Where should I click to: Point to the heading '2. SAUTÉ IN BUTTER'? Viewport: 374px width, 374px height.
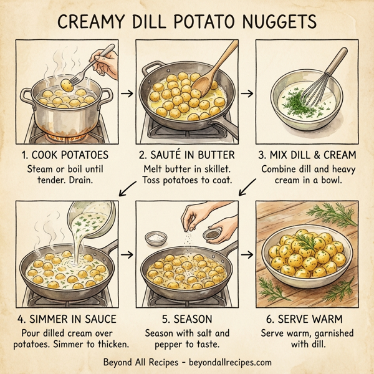pyautogui.click(x=186, y=155)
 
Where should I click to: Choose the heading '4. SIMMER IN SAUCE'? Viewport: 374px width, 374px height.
pyautogui.click(x=68, y=319)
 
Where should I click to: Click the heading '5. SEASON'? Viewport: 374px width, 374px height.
pyautogui.click(x=186, y=319)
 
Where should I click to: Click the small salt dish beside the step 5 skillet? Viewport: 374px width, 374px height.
pyautogui.click(x=153, y=237)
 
